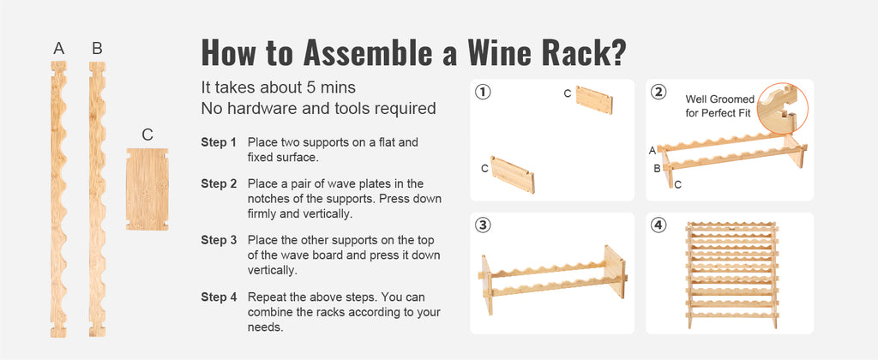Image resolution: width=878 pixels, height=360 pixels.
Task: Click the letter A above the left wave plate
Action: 59,49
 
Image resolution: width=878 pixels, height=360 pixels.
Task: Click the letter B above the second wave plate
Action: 97,49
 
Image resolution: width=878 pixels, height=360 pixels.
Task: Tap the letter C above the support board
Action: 147,135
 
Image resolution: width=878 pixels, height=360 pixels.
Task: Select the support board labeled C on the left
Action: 147,188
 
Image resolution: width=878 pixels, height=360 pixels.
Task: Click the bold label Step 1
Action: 219,141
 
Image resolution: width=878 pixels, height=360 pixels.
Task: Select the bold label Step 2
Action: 219,183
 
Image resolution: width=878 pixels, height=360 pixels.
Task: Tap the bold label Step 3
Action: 219,240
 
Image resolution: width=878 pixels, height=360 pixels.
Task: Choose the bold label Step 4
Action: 219,297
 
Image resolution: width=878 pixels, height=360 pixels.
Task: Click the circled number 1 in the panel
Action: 484,93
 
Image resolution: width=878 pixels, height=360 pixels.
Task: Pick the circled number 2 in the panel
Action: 658,93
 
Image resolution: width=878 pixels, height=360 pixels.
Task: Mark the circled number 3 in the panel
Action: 484,225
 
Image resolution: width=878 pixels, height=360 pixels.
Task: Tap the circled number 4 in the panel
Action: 658,225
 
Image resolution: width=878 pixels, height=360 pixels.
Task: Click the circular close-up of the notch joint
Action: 783,108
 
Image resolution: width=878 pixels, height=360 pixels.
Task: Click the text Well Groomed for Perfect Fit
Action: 720,106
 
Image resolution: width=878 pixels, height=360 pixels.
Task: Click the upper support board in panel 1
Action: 594,100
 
